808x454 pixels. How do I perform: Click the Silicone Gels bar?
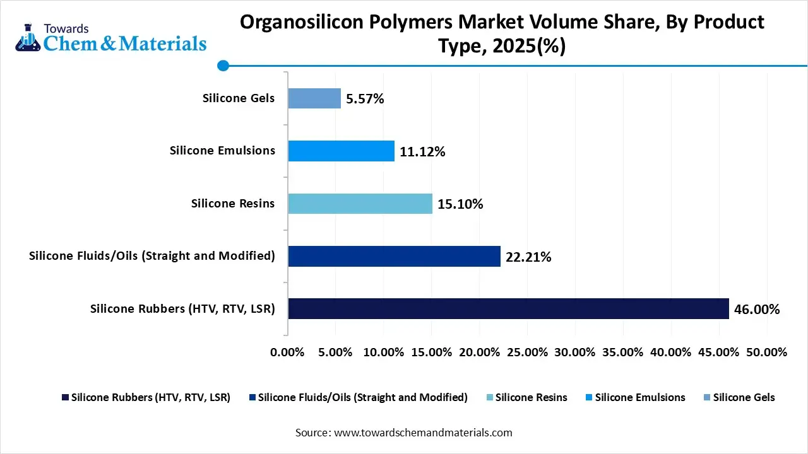coord(314,98)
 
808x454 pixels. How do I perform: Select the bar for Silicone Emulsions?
coord(341,151)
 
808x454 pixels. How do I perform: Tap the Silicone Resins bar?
coord(360,204)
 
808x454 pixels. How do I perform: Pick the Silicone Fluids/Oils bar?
coord(394,256)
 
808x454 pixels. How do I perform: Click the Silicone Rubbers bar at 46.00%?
coord(508,308)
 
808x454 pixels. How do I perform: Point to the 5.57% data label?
coord(365,99)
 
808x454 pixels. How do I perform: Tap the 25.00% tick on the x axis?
coord(527,352)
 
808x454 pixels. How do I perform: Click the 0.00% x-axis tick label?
coord(288,352)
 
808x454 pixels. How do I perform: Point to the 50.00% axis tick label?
coord(766,352)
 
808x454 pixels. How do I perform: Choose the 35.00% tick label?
coord(622,352)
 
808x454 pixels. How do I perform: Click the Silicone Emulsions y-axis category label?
coord(222,151)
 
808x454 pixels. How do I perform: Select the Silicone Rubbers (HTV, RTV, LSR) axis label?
coord(182,309)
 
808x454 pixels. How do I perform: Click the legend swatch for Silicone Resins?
coord(490,398)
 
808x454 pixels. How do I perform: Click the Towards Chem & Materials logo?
coord(110,38)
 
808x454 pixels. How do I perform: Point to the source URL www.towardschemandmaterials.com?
coord(422,433)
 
